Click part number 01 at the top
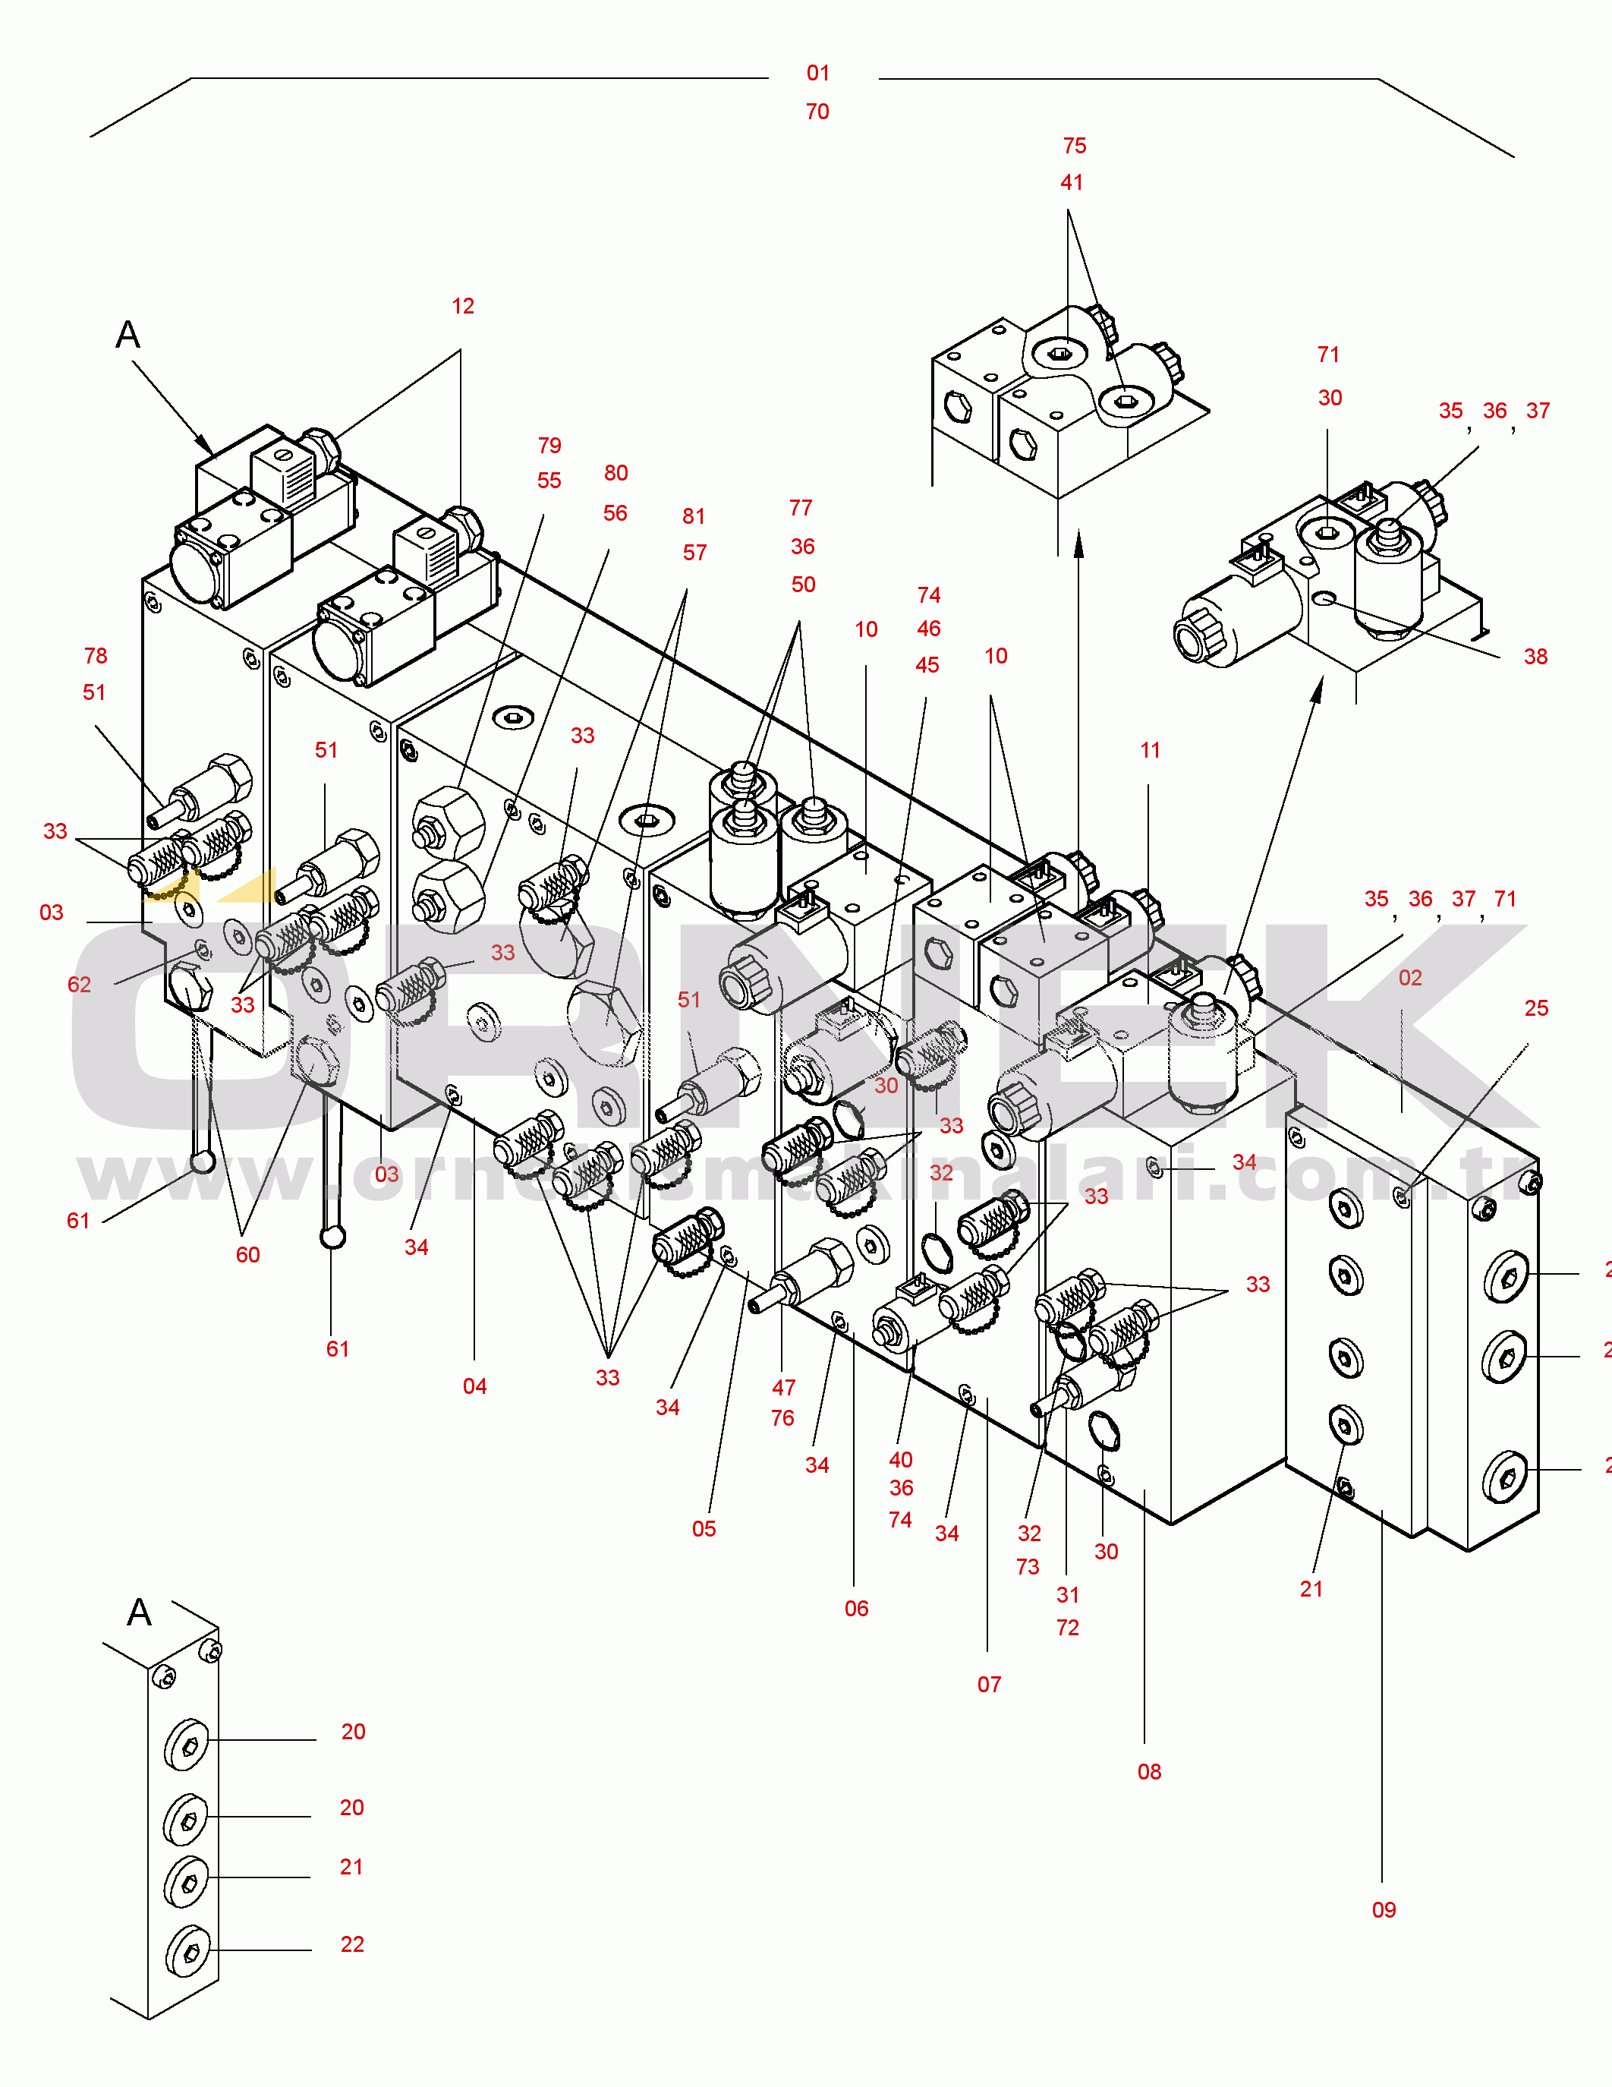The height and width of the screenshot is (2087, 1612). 818,74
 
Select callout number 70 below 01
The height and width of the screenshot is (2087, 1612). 817,112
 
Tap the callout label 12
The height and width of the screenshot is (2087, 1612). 462,306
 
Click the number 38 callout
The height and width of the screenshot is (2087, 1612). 1535,657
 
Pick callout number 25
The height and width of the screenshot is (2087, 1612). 1535,1008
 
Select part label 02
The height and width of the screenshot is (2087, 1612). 1409,978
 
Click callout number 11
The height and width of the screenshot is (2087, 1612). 1150,750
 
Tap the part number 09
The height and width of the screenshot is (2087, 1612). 1384,1909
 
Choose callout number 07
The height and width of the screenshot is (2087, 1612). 989,1684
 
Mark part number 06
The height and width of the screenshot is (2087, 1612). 856,1608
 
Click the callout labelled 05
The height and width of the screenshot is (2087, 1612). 704,1528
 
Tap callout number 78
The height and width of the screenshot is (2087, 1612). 95,655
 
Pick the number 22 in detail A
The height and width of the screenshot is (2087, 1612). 351,1944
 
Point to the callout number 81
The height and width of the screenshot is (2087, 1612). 694,516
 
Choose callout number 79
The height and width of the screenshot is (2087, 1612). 549,446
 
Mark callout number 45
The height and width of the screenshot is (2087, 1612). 927,665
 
